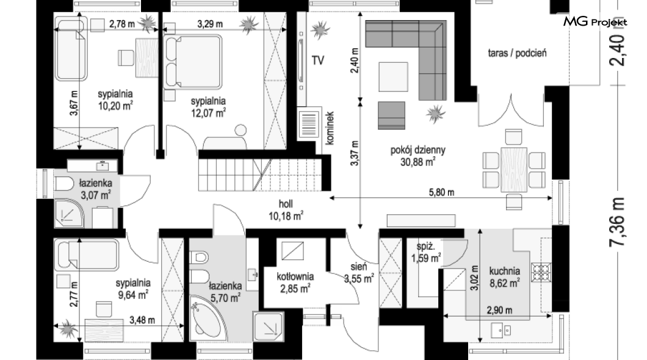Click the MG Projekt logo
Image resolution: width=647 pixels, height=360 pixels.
tap(595, 21)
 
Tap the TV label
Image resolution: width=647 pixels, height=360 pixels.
tap(318, 60)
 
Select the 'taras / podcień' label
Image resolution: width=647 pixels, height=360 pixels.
tap(517, 53)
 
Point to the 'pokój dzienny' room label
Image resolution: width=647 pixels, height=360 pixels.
tap(418, 150)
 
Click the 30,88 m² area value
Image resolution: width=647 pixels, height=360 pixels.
tap(417, 162)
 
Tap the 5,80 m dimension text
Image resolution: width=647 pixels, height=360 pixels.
tap(441, 192)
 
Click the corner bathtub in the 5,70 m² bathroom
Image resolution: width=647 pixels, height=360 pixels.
tap(208, 318)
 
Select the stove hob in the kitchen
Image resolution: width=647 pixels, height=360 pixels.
tap(541, 273)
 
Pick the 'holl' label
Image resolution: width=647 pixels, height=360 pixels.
tap(286, 204)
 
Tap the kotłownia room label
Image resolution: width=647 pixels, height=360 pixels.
tap(295, 276)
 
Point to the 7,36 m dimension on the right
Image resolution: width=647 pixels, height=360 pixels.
tap(618, 222)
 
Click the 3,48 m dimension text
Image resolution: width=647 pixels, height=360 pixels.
tap(142, 320)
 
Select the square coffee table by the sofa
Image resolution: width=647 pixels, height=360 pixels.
tap(393, 77)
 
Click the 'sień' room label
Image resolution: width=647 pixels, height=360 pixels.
tap(358, 267)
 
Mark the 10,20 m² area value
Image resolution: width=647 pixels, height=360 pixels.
tap(115, 106)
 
